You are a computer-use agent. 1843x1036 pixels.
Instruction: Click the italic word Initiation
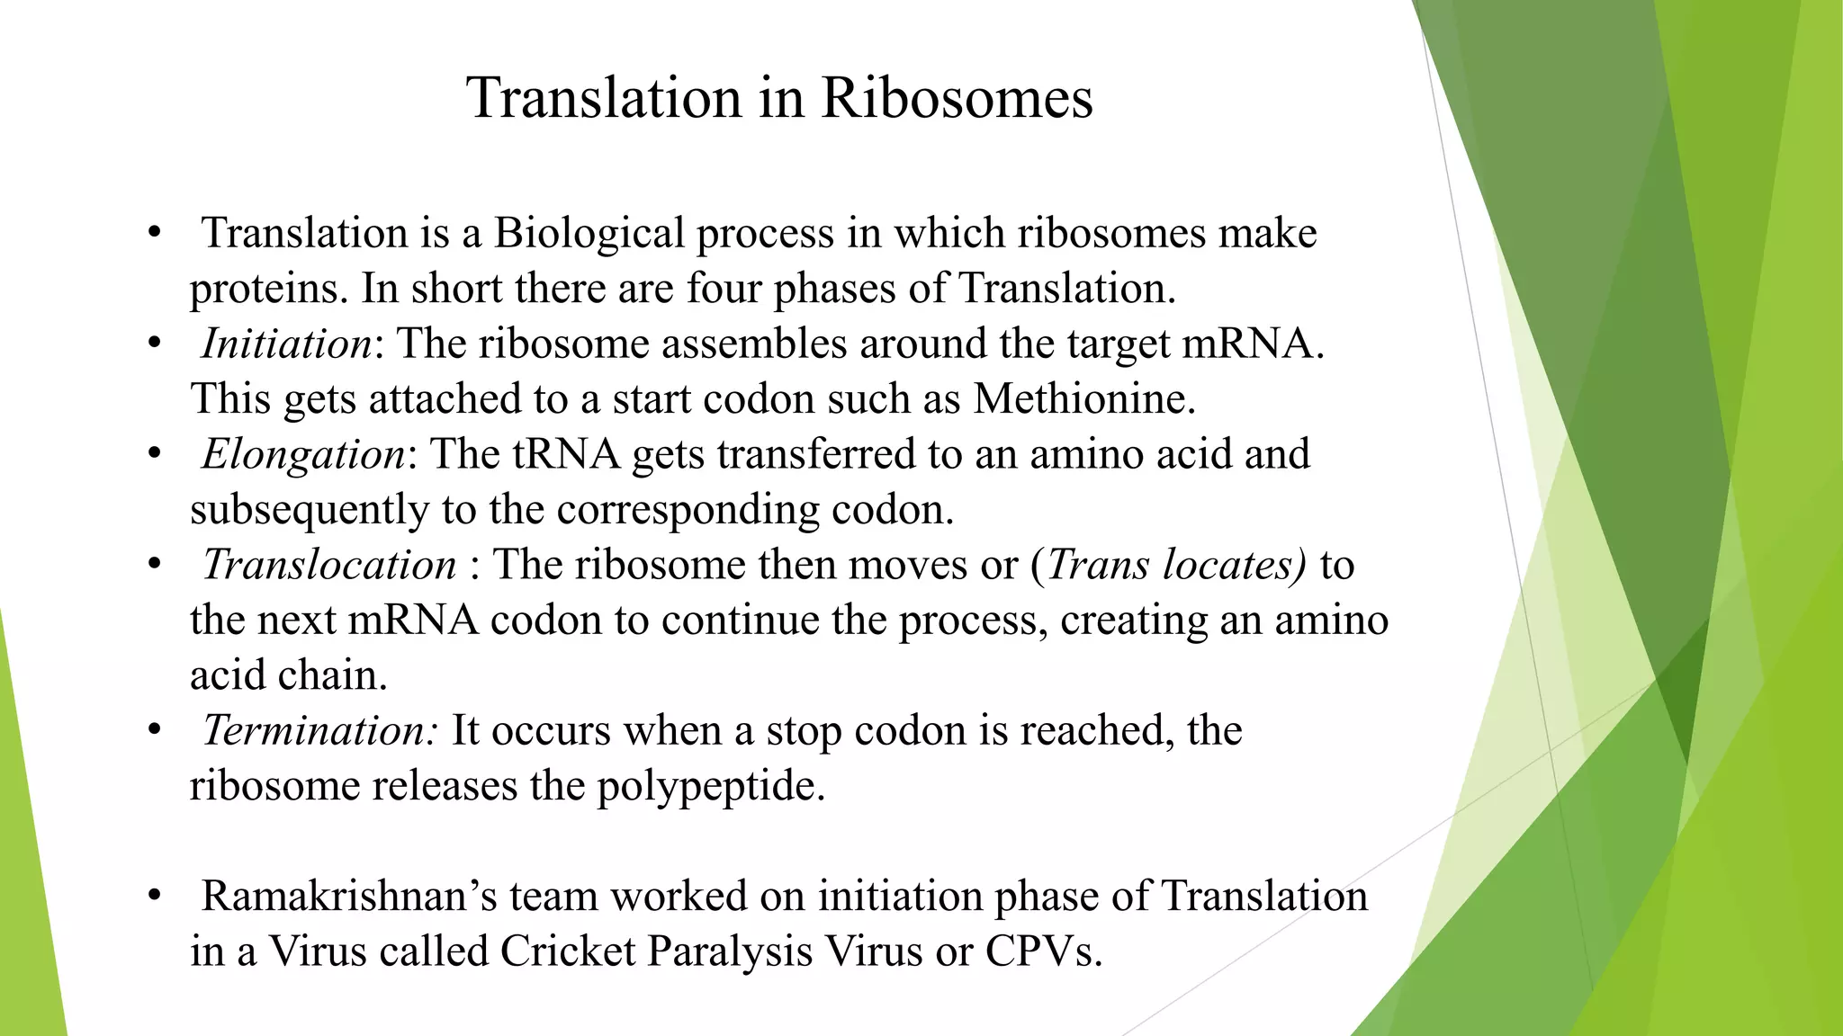click(x=286, y=344)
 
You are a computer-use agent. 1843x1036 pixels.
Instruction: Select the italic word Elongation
click(x=303, y=454)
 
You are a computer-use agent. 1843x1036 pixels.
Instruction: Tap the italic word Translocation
click(x=329, y=565)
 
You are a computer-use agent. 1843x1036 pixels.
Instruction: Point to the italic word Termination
click(x=317, y=730)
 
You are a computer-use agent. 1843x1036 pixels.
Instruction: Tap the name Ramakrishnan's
click(x=349, y=897)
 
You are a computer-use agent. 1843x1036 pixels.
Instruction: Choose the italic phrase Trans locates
click(x=1175, y=565)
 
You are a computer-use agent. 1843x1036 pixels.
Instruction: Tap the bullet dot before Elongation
click(x=155, y=454)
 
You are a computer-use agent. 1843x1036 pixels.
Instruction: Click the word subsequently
click(x=310, y=510)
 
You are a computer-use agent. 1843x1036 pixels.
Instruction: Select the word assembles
click(x=754, y=344)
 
